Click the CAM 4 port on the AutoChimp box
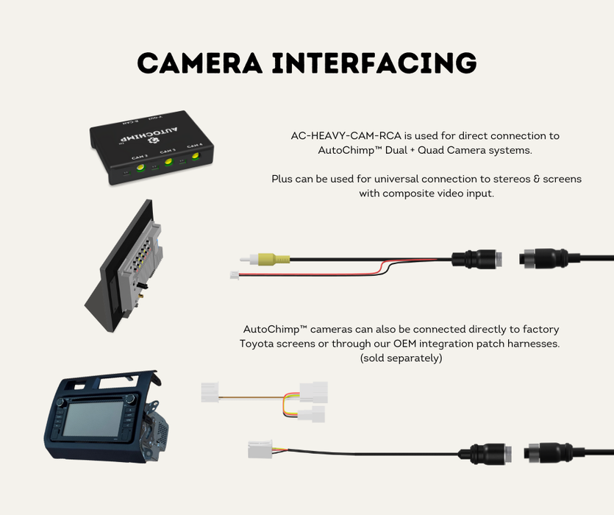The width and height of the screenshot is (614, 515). tap(195, 156)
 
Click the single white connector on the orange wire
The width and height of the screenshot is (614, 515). tap(211, 392)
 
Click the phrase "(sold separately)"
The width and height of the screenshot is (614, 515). tap(401, 358)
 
